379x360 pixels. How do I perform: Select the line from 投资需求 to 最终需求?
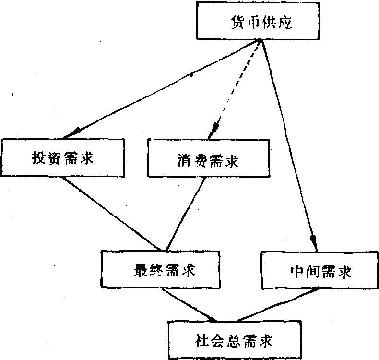(115, 214)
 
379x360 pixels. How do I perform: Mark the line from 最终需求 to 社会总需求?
(189, 305)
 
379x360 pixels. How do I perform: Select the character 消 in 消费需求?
(179, 160)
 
